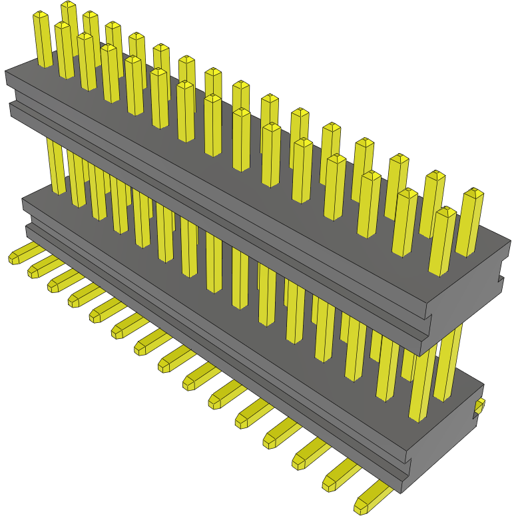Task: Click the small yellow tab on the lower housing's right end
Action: click(x=480, y=405)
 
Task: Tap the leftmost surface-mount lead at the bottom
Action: click(x=22, y=253)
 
